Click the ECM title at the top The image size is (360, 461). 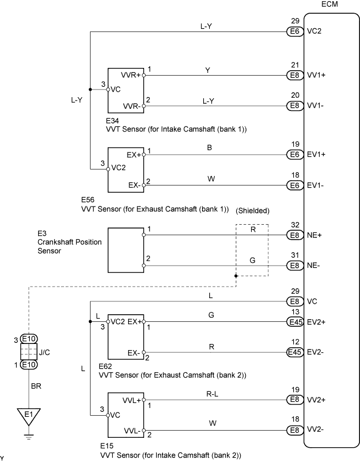click(x=330, y=4)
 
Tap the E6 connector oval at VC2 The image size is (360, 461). click(x=295, y=31)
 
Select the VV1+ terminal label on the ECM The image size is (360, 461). click(x=316, y=75)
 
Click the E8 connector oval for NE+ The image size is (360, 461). click(x=295, y=235)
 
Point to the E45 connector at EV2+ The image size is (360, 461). click(x=295, y=322)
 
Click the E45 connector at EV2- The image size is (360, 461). click(x=295, y=352)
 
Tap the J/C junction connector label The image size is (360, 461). click(x=44, y=352)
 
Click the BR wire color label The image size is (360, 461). click(x=36, y=386)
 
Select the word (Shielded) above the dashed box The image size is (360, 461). click(x=252, y=211)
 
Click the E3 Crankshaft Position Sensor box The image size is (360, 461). click(x=126, y=250)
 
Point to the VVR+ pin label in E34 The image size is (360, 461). click(x=131, y=75)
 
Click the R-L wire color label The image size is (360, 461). click(x=212, y=394)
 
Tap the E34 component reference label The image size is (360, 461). click(x=112, y=121)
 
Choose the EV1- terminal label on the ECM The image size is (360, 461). click(x=315, y=185)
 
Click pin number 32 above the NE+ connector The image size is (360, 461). click(x=295, y=225)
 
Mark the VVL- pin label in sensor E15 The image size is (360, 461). click(x=132, y=431)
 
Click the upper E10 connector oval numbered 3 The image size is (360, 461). click(x=29, y=339)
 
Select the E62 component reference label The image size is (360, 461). click(x=105, y=367)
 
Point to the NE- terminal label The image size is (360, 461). click(x=313, y=266)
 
